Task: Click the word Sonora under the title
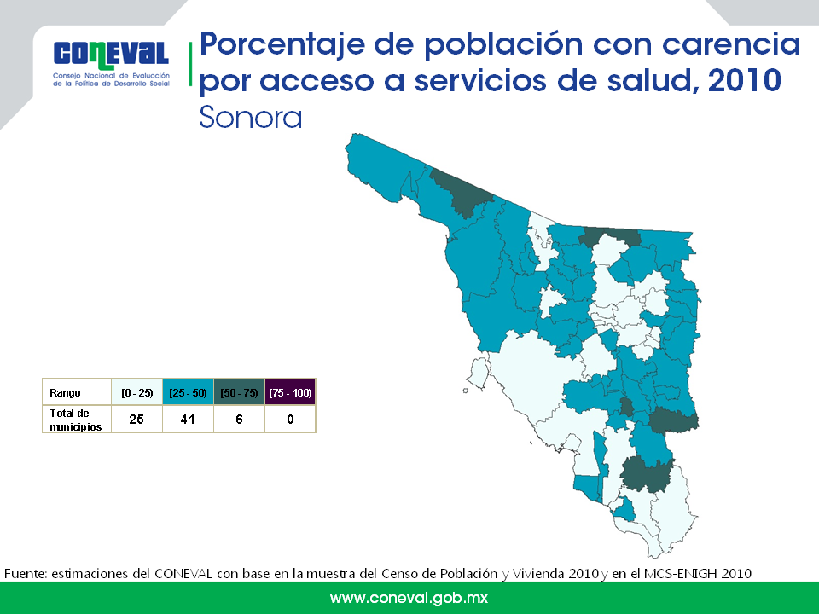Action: tap(251, 118)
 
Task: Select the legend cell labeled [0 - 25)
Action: tap(136, 392)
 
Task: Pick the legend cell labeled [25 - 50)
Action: tap(188, 392)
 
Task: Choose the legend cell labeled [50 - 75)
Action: tap(239, 392)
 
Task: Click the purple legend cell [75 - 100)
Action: tap(290, 392)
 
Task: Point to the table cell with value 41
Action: tap(188, 420)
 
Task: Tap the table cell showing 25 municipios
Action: tap(136, 420)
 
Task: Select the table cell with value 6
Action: tap(239, 420)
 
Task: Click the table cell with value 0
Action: tap(290, 420)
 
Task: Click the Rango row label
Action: tap(66, 393)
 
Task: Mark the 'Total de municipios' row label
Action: tap(76, 420)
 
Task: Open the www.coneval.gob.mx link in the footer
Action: tap(409, 599)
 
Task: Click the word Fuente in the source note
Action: tap(26, 574)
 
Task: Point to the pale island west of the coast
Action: tap(478, 373)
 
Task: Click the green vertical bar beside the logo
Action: tap(190, 64)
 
